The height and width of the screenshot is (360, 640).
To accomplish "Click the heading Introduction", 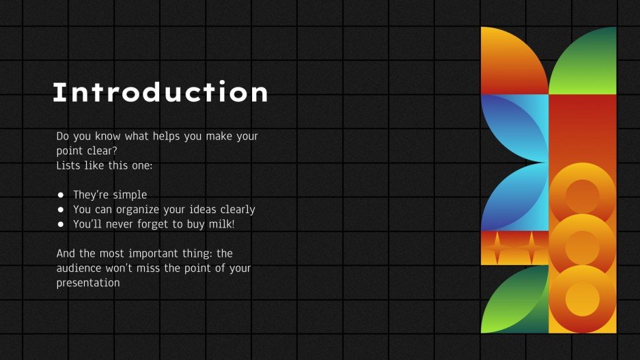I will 161,93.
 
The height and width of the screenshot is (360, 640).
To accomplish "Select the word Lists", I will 69,166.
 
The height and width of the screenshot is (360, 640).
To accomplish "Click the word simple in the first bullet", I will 130,195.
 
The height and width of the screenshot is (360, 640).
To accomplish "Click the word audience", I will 81,268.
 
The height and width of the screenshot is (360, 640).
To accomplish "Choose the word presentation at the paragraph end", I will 88,283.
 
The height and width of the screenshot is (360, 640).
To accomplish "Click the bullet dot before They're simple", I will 61,195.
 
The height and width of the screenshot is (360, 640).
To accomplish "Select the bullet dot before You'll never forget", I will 61,225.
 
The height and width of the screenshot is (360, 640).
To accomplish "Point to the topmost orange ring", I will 583,195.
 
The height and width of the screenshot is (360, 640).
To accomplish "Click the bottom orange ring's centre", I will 583,299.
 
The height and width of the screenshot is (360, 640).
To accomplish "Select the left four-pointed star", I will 497,248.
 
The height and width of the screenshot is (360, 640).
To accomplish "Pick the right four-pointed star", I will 531,248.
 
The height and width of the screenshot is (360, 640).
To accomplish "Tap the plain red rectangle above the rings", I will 583,130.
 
